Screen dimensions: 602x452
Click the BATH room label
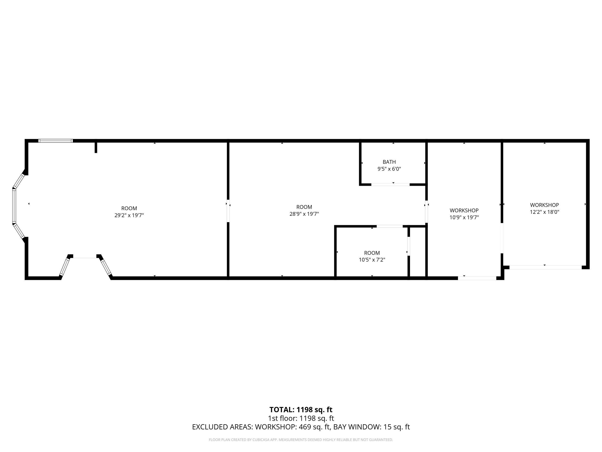coord(389,162)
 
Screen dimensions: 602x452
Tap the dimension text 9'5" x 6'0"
coord(389,169)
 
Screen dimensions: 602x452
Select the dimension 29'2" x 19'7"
coord(129,215)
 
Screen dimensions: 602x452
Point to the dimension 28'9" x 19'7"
coord(304,214)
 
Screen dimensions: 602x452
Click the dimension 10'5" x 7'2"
coord(372,260)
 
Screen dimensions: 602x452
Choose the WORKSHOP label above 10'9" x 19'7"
coord(464,210)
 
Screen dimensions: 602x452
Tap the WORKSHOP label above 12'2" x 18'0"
coord(544,205)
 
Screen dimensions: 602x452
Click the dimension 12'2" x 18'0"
coord(544,212)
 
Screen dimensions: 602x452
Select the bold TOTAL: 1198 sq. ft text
coord(301,410)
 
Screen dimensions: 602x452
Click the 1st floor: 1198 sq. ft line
coord(301,418)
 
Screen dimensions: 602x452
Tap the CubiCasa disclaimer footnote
coord(301,440)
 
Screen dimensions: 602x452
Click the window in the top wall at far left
coord(56,141)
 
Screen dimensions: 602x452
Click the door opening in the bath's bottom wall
coord(390,185)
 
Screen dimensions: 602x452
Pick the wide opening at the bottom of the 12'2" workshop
coord(545,268)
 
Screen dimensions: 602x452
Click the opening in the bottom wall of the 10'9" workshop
coord(477,278)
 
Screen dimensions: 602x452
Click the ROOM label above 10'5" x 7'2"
coord(372,253)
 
